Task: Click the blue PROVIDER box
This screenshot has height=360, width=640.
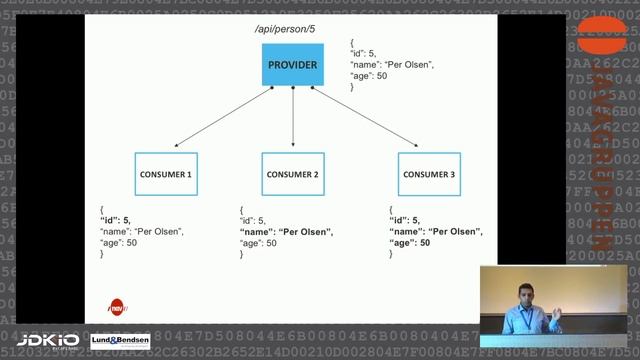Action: point(292,66)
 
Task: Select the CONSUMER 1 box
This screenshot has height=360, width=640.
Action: point(166,174)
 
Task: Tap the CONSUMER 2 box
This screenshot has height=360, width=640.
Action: point(292,174)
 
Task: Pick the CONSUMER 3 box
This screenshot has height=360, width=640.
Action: point(428,174)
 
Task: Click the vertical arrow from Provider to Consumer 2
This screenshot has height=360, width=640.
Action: point(292,120)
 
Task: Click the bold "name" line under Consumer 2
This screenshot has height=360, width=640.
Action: point(286,232)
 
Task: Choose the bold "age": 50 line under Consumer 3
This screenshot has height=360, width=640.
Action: point(411,243)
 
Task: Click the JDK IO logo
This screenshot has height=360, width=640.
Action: point(47,341)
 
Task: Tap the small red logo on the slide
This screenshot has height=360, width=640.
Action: point(118,306)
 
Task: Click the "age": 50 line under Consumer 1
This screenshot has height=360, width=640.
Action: point(117,243)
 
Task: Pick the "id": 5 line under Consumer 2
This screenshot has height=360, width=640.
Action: point(254,221)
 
